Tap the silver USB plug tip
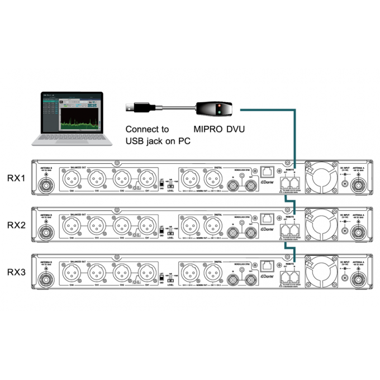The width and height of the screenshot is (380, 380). coord(129,104)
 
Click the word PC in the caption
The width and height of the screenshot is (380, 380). coord(182,141)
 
